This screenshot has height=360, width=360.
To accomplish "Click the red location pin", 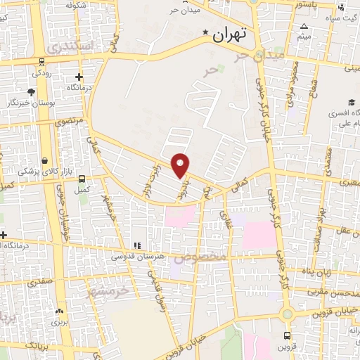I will [181, 165].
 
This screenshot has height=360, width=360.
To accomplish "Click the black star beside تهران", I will [205, 32].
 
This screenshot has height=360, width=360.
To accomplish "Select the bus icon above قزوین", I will [287, 335].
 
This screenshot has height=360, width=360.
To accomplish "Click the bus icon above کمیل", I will [83, 179].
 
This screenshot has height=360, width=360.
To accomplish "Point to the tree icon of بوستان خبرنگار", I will [31, 91].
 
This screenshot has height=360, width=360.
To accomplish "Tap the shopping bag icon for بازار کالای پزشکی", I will [45, 160].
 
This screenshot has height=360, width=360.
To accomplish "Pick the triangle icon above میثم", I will [304, 26].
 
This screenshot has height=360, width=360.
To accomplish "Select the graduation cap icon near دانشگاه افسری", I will [351, 101].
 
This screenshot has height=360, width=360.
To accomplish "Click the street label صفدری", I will [40, 283].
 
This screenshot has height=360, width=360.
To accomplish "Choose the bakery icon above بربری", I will [58, 310].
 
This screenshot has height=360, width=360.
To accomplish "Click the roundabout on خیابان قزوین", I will [287, 313].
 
